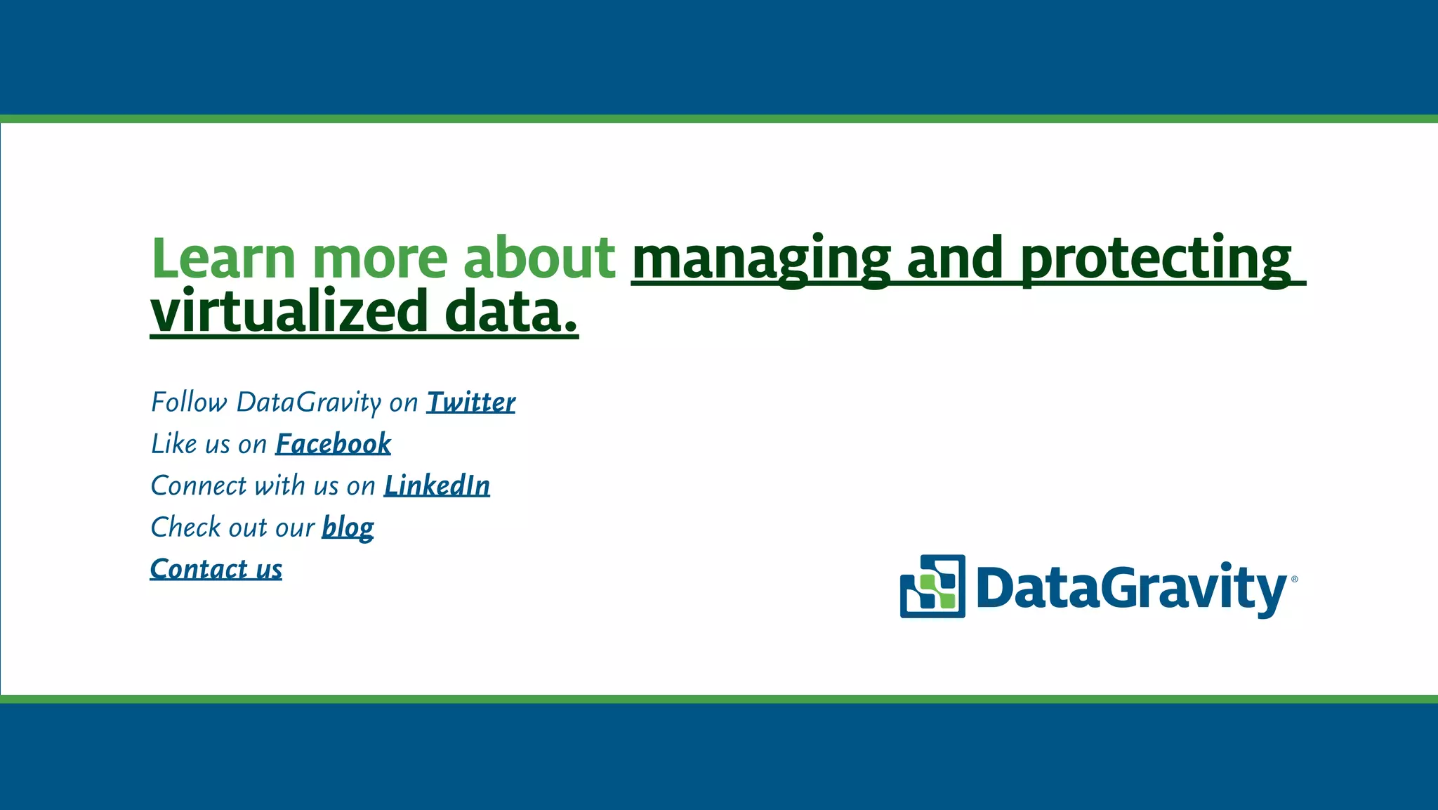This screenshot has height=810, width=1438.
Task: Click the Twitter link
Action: pyautogui.click(x=471, y=403)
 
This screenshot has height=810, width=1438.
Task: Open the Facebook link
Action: pyautogui.click(x=333, y=444)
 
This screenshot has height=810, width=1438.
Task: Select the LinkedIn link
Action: pyautogui.click(x=437, y=485)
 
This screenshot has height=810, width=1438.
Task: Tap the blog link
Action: pyautogui.click(x=348, y=528)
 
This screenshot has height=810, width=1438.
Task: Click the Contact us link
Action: pyautogui.click(x=216, y=569)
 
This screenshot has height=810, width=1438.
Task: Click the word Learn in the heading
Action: pyautogui.click(x=223, y=258)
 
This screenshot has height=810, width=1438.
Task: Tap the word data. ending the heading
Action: pyautogui.click(x=511, y=313)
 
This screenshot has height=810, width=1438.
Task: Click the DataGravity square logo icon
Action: pyautogui.click(x=932, y=587)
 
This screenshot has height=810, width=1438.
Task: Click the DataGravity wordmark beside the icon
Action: pyautogui.click(x=1130, y=588)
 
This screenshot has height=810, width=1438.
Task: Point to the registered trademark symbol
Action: pyautogui.click(x=1294, y=580)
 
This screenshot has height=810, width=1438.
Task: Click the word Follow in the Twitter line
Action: pyautogui.click(x=189, y=403)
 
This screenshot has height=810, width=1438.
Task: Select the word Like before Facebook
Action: pyautogui.click(x=173, y=444)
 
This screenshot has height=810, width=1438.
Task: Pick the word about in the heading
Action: pyautogui.click(x=539, y=258)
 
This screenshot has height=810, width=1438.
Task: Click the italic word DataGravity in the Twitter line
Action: pyautogui.click(x=309, y=403)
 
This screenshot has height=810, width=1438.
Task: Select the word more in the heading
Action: pyautogui.click(x=380, y=258)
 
